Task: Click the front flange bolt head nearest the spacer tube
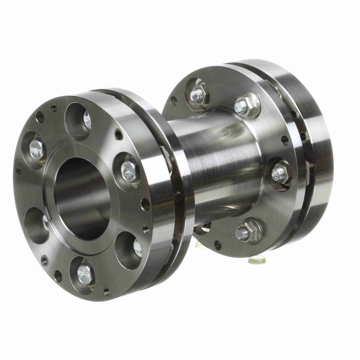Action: pyautogui.click(x=128, y=170)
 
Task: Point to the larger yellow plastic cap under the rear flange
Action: pyautogui.click(x=257, y=259)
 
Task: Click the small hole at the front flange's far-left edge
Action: pyautogui.click(x=19, y=171)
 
